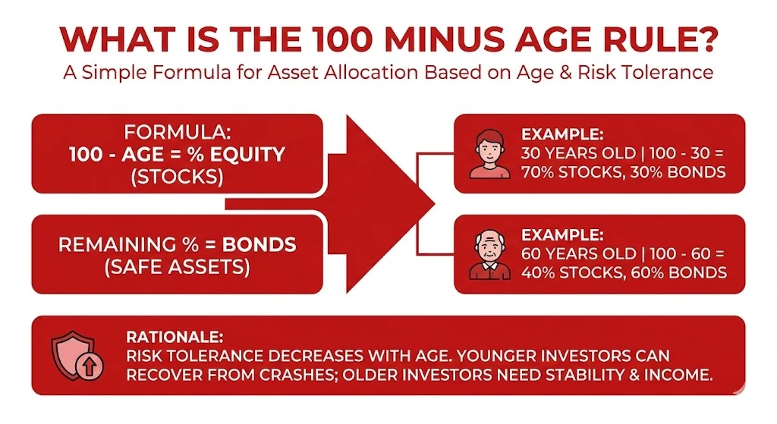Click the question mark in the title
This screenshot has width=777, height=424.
704,39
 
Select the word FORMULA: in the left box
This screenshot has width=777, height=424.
178,132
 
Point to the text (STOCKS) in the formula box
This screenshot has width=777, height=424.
178,177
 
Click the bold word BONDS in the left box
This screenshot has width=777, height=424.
260,245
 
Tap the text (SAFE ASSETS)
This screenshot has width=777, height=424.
178,268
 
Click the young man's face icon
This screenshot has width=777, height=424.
489,153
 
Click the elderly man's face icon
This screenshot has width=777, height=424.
489,255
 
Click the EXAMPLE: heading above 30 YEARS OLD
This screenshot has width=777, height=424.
562,134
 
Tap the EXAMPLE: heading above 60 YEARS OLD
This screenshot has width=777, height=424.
562,235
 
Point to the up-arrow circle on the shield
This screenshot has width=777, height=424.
90,367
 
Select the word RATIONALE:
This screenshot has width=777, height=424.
175,338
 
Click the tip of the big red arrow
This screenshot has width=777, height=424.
435,203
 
